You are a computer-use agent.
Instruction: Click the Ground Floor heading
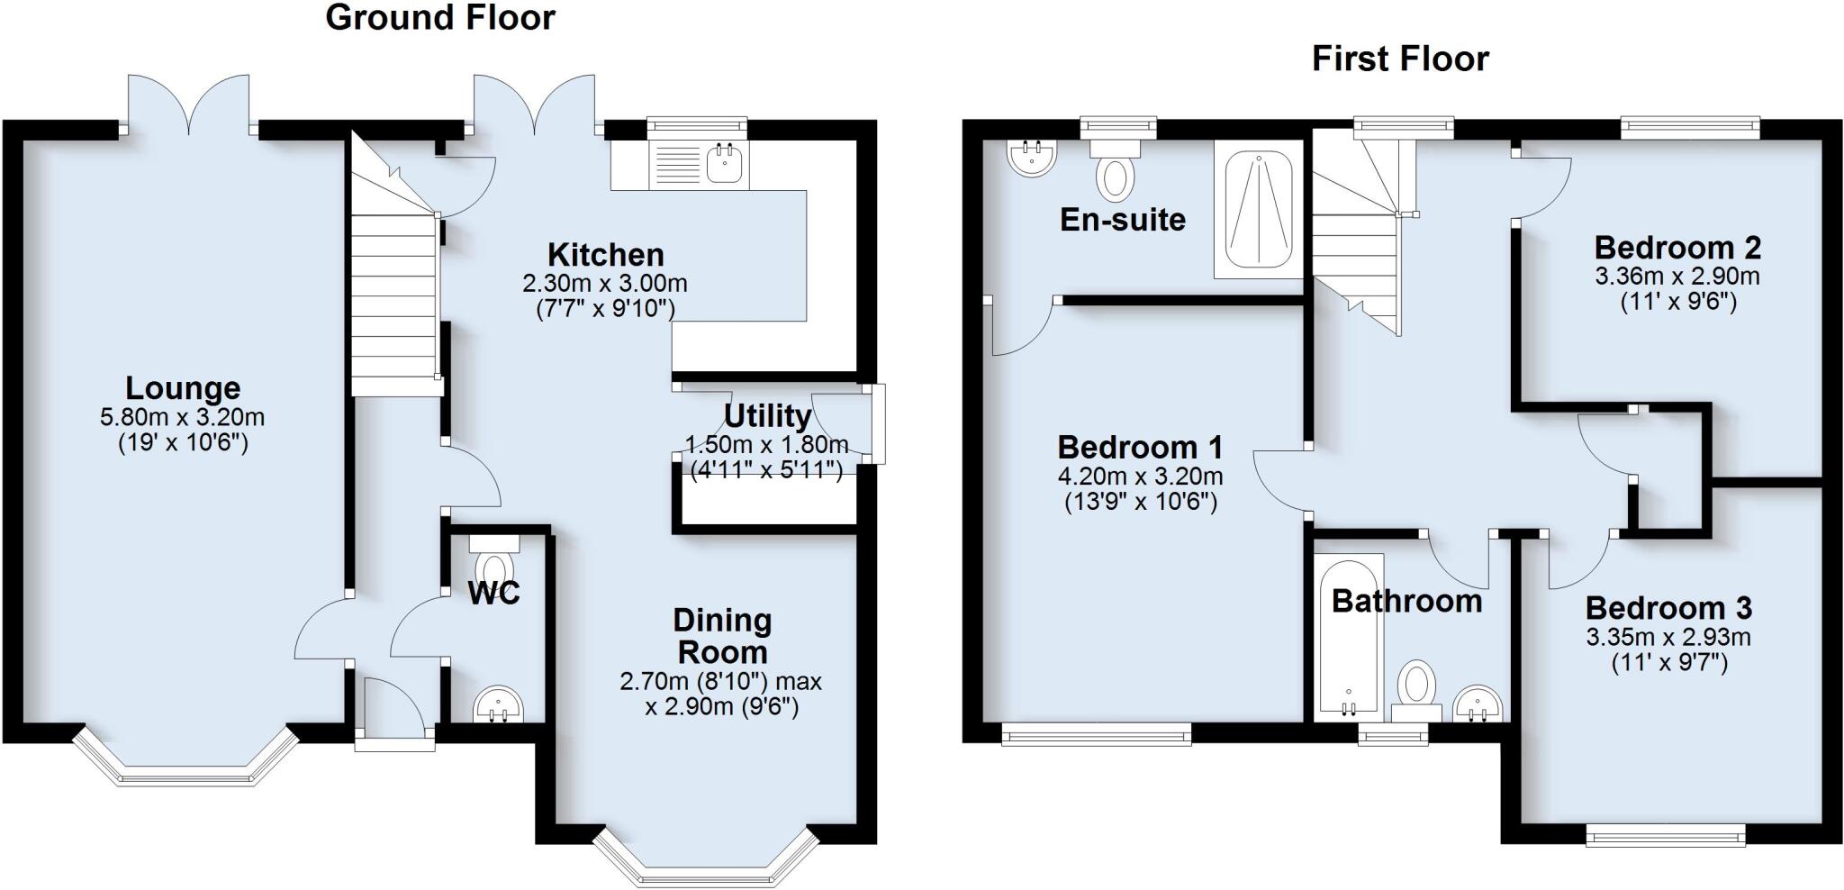point(439,18)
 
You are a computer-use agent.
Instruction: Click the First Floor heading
point(1399,59)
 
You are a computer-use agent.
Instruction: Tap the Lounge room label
point(183,388)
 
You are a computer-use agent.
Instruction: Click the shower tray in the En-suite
point(1259,209)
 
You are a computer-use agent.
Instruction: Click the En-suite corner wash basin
point(1032,158)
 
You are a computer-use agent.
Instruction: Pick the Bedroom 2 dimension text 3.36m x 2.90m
point(1677,276)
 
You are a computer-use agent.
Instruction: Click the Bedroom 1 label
point(1140,447)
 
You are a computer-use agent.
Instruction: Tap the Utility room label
point(767,416)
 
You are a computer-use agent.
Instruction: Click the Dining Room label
point(722,636)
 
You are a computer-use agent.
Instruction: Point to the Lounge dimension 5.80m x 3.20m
point(183,418)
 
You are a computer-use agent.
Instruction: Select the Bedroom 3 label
point(1668,608)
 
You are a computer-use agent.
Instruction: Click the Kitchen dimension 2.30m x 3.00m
point(605,284)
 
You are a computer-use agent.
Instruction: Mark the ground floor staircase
point(393,297)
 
